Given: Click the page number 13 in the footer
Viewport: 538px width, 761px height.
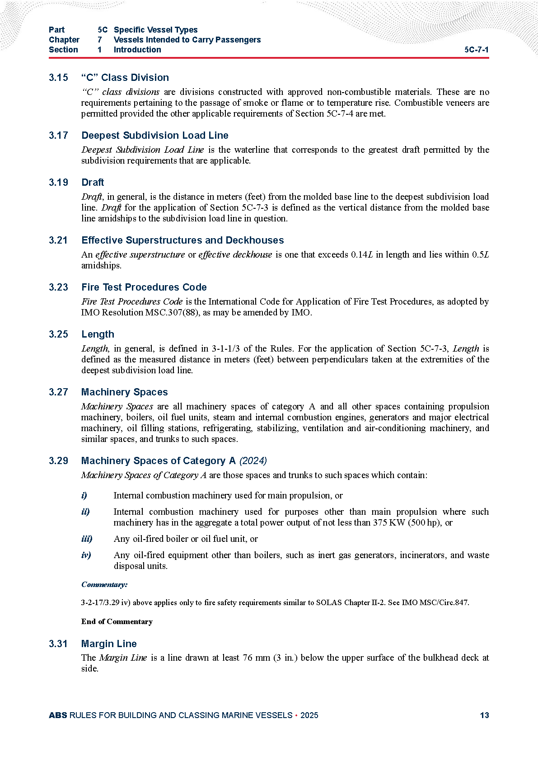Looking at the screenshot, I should coord(484,715).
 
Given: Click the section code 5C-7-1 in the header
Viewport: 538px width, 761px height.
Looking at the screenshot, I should coord(476,50).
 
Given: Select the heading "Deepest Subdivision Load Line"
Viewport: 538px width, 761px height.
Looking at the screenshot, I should coord(154,135).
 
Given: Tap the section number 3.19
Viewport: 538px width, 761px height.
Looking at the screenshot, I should coord(58,182).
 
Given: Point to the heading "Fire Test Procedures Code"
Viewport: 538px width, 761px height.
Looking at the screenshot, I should coord(144,287).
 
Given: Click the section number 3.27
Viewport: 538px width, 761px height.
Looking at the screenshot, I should coord(58,392).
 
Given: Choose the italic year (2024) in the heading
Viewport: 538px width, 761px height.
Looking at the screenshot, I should coord(253,460).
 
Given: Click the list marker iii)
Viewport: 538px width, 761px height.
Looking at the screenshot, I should coord(87,539).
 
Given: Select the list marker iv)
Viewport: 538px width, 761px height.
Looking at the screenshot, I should coord(86,555).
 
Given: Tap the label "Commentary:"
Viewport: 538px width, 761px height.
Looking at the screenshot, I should coord(104,584).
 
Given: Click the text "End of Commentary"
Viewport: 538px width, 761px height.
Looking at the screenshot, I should coord(117,621).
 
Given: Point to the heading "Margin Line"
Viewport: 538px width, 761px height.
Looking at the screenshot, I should coord(109,644).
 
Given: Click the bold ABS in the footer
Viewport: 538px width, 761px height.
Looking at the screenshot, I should coord(58,715).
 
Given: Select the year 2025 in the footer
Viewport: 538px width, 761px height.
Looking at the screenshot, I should coord(309,715).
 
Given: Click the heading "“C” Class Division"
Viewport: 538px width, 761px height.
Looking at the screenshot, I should coord(125,77).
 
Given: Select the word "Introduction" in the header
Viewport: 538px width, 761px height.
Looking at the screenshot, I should coord(137,50).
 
